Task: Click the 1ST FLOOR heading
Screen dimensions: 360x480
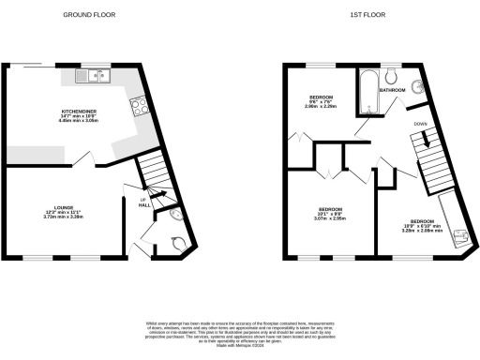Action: click(364, 16)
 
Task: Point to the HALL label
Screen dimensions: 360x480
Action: click(143, 207)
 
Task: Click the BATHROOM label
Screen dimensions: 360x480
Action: click(392, 90)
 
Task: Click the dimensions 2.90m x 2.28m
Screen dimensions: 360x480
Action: click(323, 106)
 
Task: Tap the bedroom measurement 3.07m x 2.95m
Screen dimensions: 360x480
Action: click(329, 218)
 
